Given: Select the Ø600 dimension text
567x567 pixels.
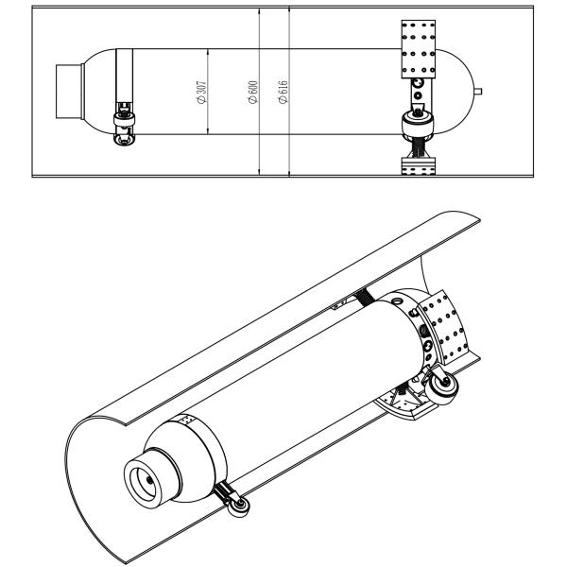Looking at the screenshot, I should click(x=252, y=92).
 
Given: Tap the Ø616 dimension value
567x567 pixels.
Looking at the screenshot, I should click(x=283, y=92).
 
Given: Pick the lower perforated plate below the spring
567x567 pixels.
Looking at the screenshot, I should click(x=417, y=166).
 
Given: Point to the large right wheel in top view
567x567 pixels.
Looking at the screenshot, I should click(x=417, y=122).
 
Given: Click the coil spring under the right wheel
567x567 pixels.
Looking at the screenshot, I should click(x=417, y=146).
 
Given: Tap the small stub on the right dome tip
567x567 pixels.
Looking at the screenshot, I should click(x=484, y=92).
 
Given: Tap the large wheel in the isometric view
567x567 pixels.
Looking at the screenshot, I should click(x=440, y=386).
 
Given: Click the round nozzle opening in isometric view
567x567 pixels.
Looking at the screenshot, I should click(x=149, y=482).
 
